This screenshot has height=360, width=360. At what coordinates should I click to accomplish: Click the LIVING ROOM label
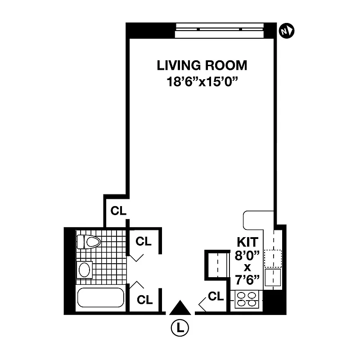click(202, 65)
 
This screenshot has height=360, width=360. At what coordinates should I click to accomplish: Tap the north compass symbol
click(286, 31)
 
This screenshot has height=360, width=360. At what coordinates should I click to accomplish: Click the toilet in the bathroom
click(88, 242)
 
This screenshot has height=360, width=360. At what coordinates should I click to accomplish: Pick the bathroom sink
click(85, 270)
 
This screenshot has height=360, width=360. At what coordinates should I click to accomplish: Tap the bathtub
click(100, 297)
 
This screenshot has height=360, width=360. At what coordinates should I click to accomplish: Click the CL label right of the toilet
click(144, 241)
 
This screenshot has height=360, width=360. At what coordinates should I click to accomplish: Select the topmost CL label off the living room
click(119, 211)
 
